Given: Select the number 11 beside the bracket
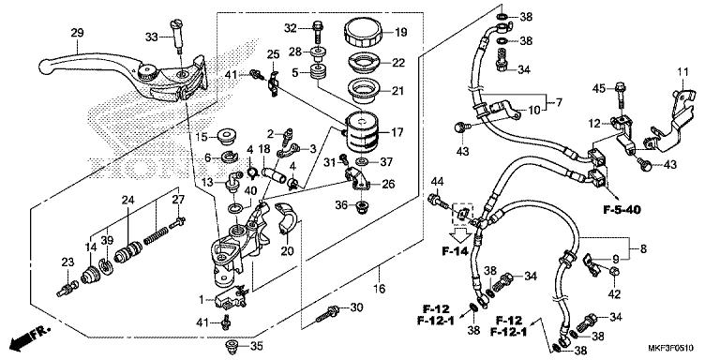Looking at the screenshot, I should (x=683, y=71).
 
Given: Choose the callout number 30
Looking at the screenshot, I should (x=355, y=308).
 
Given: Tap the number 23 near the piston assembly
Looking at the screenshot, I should (x=68, y=262).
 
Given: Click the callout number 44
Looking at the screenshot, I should (x=437, y=180).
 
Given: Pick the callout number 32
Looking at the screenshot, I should (x=290, y=26).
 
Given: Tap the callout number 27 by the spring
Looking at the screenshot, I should (x=177, y=200).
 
